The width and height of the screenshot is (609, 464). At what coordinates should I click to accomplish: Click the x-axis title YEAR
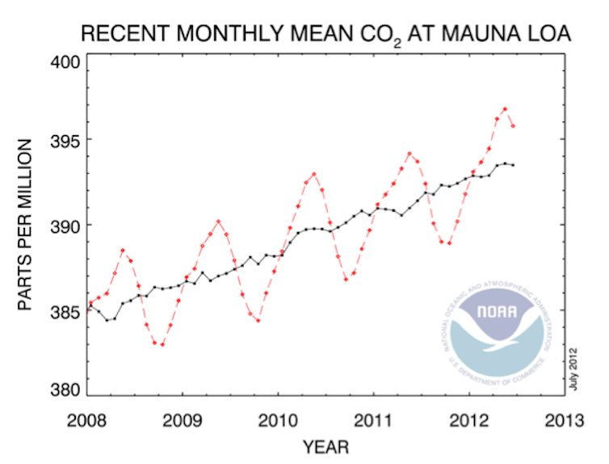click(x=325, y=446)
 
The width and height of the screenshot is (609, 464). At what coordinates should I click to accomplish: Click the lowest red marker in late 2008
click(x=162, y=344)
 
